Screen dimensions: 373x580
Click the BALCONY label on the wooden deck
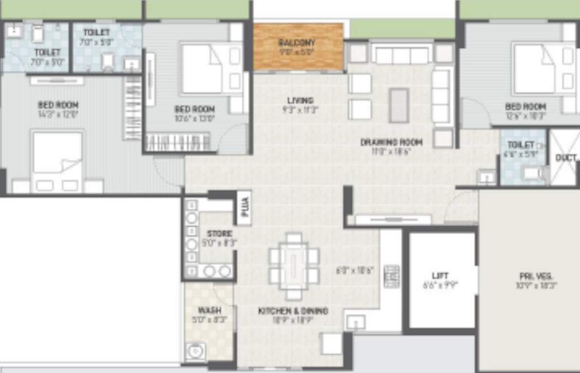297,42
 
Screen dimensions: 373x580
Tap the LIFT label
440,275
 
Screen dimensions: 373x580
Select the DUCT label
566,158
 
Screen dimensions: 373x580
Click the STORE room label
219,234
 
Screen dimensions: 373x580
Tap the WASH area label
210,310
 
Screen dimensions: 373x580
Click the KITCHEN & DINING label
293,311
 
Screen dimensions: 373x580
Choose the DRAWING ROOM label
391,142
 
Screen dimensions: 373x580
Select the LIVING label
300,101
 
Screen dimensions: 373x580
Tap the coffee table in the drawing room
399,105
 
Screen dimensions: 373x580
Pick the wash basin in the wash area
196,351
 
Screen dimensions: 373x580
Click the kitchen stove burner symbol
391,276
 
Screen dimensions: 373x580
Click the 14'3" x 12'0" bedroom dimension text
58,115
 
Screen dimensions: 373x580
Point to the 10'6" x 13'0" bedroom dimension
194,118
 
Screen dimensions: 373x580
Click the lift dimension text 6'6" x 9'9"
440,286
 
